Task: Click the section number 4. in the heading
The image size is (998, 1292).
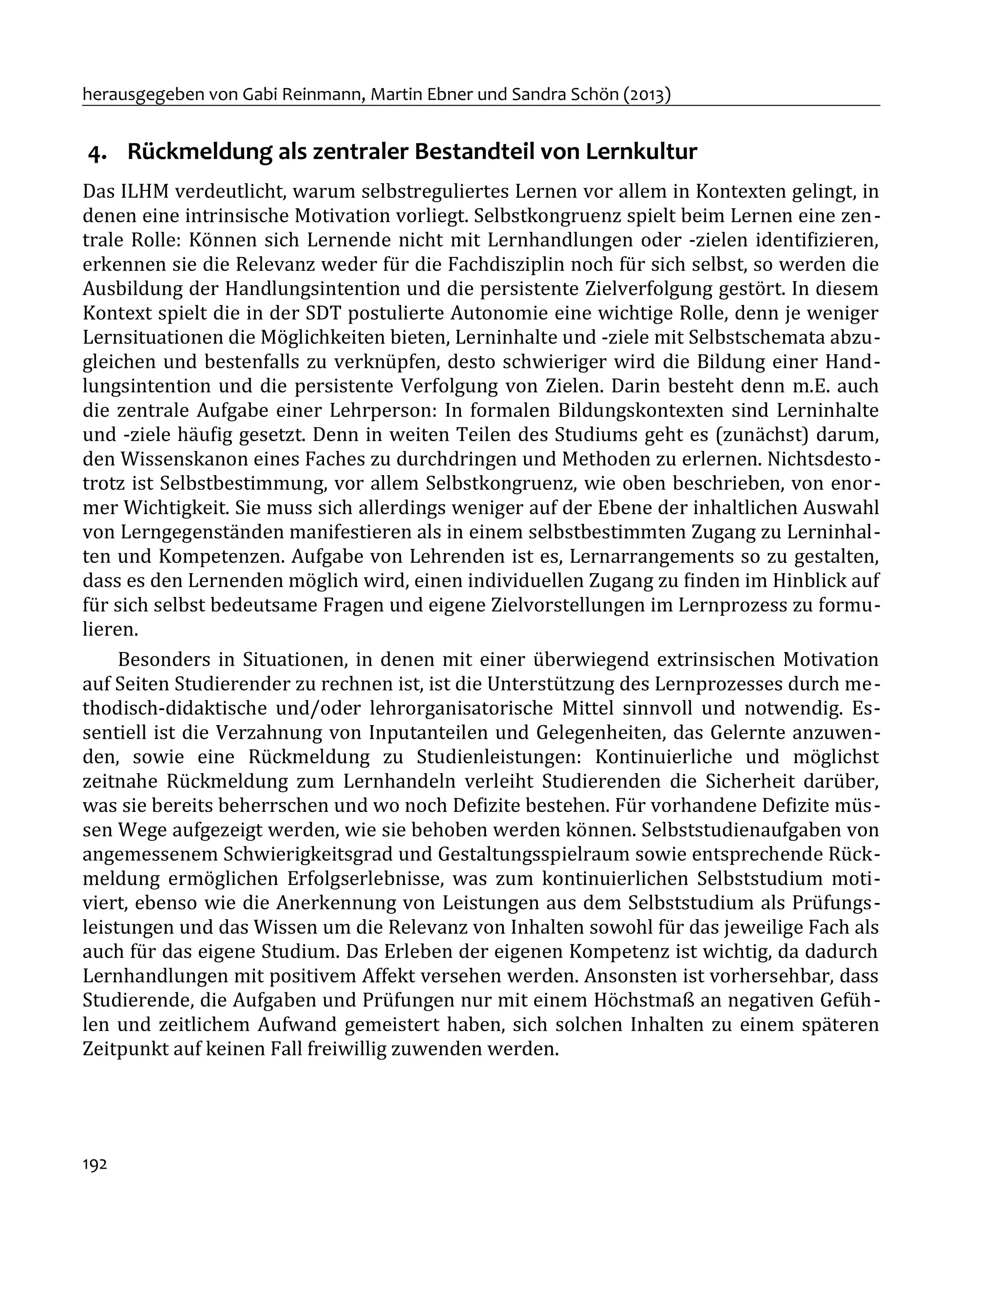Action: point(97,153)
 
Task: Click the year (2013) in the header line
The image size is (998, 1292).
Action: point(647,94)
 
